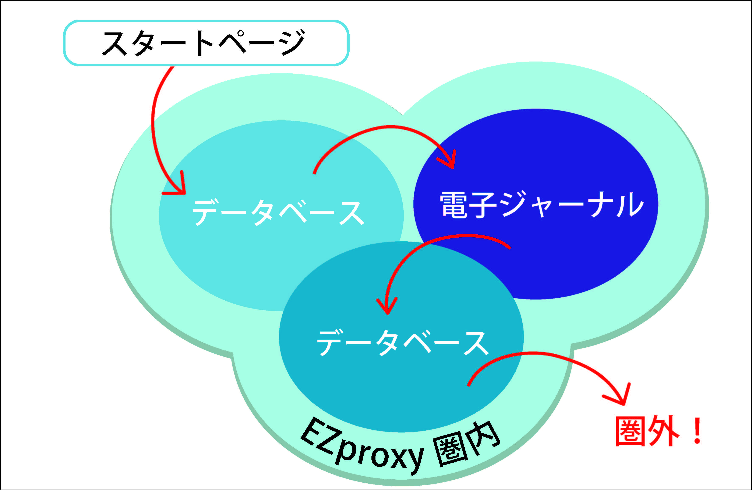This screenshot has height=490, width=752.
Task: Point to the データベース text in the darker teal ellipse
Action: point(403,343)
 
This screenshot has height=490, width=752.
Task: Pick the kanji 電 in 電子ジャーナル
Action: point(453,205)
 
